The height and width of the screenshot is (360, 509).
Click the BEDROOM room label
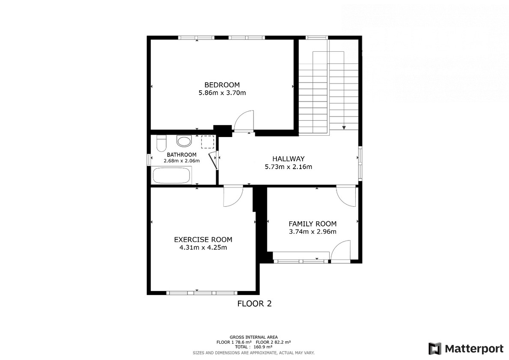222,85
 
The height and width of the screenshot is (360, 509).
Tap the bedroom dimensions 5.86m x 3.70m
222,93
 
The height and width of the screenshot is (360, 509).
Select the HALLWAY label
288,159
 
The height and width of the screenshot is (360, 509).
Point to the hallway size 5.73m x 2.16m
288,167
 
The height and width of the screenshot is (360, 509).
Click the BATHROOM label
182,155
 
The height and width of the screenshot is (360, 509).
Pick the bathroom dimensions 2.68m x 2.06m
182,161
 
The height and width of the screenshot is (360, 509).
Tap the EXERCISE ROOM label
203,240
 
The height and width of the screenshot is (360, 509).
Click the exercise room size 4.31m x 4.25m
203,248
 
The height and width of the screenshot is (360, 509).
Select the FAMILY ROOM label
313,223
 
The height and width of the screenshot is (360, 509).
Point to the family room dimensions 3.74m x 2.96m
313,232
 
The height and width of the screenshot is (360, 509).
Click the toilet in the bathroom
161,143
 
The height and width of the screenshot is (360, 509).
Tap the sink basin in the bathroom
184,141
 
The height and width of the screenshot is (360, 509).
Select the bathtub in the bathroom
171,175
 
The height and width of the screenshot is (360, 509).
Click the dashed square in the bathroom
208,142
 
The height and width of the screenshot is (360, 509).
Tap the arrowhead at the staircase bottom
344,128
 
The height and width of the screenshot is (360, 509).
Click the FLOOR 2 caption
254,303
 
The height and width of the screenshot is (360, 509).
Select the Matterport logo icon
435,348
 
